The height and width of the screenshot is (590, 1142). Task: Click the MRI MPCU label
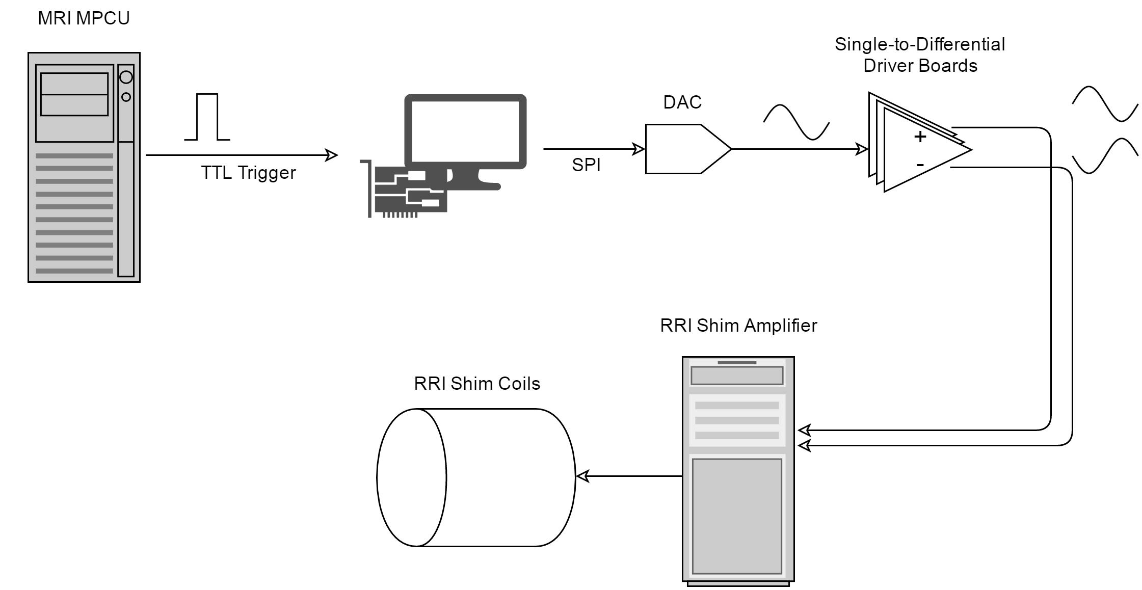[x=84, y=18]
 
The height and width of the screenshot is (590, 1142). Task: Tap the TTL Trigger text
[x=248, y=173]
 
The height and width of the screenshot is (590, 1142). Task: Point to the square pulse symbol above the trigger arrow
[x=207, y=117]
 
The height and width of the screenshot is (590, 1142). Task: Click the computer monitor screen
[x=465, y=131]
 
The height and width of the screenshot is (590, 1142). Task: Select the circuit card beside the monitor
[x=408, y=191]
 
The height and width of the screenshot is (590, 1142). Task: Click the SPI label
[x=586, y=165]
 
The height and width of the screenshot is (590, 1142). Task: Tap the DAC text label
[x=682, y=102]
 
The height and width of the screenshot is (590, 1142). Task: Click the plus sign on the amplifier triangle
[x=920, y=137]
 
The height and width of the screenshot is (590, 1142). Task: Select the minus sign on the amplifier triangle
[x=920, y=165]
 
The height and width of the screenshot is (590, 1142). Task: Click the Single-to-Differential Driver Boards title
[x=920, y=55]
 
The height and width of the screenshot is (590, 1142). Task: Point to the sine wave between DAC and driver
[x=796, y=122]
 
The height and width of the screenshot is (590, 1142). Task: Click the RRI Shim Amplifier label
[x=738, y=326]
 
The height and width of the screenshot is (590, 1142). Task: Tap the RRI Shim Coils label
[x=476, y=384]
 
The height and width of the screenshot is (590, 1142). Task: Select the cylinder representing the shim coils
[x=476, y=477]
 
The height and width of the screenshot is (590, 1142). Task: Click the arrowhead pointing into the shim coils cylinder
[x=582, y=476]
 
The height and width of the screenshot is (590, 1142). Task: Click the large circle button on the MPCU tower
[x=126, y=77]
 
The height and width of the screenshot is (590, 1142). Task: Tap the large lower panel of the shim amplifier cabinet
[x=737, y=516]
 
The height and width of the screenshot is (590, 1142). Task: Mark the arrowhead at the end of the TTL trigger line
[x=332, y=155]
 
